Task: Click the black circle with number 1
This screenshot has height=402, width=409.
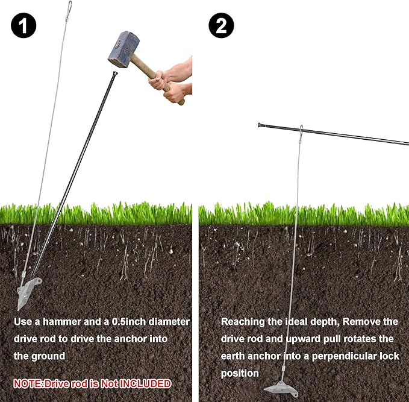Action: coord(23,25)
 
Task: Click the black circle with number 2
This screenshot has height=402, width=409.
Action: coord(221,25)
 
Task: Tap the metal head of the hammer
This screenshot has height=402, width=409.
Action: coord(123,49)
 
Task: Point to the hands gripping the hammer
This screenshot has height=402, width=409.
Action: coord(172,84)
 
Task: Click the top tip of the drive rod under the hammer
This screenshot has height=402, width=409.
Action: coord(115,74)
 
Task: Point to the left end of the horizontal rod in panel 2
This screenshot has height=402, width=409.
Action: coord(259,125)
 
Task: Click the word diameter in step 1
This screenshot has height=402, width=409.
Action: coord(169,322)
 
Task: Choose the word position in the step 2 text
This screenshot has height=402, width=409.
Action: coord(240,374)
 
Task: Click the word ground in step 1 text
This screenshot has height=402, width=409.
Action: coord(48,356)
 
